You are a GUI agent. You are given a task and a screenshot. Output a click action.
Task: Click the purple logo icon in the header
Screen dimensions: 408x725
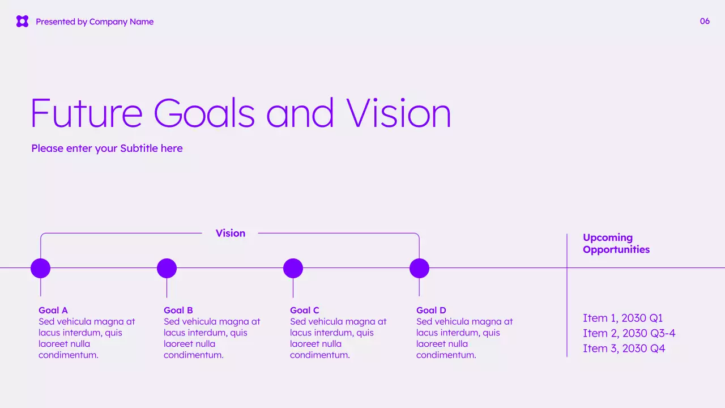tap(22, 22)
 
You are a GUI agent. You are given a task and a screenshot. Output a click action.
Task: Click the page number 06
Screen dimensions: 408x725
tap(705, 22)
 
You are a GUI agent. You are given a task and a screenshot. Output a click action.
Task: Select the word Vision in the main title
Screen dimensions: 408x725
tap(399, 113)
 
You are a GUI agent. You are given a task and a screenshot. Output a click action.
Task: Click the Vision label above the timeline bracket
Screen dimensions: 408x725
tap(231, 233)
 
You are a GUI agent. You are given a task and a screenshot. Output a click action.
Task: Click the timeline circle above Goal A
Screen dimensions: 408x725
tap(40, 268)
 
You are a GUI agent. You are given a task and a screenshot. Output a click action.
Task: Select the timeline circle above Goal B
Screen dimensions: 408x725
tap(167, 268)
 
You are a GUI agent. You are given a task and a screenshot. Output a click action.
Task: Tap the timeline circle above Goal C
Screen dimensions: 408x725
tap(293, 268)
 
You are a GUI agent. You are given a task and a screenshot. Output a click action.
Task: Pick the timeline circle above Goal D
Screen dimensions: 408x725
tap(419, 268)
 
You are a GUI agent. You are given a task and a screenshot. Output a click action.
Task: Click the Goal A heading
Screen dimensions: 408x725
tap(53, 311)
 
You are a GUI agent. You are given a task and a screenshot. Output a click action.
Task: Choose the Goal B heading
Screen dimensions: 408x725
tap(178, 311)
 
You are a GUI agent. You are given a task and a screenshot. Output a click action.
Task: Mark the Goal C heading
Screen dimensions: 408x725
tap(305, 311)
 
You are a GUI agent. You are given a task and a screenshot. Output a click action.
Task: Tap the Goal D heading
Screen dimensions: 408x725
tap(431, 311)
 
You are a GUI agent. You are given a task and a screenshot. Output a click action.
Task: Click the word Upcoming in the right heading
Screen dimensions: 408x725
tap(608, 238)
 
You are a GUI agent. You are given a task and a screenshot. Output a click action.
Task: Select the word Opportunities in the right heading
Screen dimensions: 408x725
tap(616, 250)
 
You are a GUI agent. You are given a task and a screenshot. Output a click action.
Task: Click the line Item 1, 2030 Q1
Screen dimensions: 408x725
tap(622, 318)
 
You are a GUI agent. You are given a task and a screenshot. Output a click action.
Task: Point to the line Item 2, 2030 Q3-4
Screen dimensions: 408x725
tap(629, 333)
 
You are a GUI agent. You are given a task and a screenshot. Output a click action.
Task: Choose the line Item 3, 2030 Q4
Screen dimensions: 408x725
tap(624, 348)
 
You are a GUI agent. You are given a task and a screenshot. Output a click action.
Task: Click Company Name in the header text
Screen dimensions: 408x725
tap(121, 22)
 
